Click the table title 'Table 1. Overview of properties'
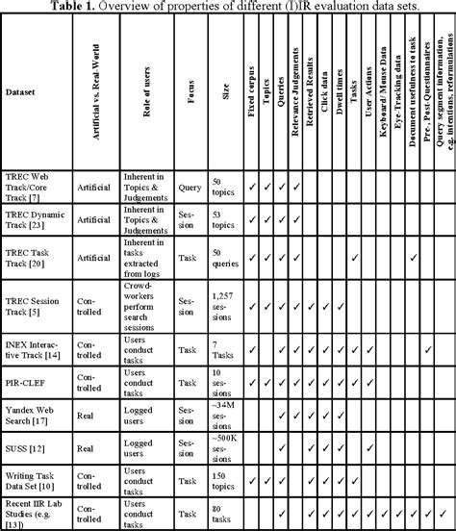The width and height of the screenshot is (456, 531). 228,7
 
